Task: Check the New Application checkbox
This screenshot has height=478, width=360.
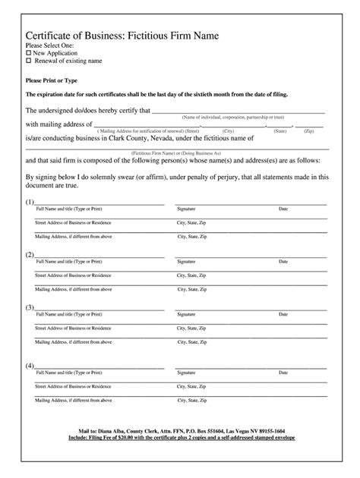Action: (29, 54)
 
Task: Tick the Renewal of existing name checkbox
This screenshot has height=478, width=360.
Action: (29, 61)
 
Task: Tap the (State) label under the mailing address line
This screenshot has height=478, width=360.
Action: (280, 131)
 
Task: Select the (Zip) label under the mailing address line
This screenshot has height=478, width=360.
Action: (309, 131)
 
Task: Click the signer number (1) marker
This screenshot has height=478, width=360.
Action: (30, 203)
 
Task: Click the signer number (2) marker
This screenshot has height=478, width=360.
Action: (30, 255)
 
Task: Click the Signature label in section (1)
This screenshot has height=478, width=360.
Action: (187, 208)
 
